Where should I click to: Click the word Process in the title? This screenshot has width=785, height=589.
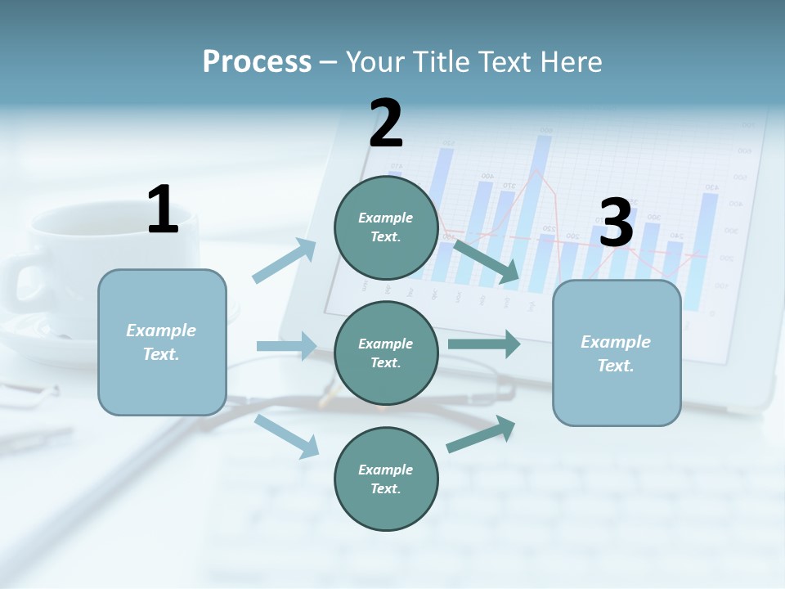point(257,61)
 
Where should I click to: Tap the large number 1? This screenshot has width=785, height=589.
point(163,209)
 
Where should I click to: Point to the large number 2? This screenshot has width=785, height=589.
point(386,124)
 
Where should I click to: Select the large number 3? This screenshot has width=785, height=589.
point(617,223)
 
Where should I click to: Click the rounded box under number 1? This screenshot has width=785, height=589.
point(162,342)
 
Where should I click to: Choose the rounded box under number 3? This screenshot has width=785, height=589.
point(617,353)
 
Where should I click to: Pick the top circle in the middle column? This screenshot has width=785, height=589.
point(386,227)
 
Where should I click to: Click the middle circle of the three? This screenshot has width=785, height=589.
point(386,353)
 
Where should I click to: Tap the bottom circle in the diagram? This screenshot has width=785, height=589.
point(386,479)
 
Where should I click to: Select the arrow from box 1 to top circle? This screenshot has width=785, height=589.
point(284,261)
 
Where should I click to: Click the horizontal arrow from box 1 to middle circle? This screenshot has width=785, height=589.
point(286,346)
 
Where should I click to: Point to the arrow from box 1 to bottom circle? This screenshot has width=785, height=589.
point(287,436)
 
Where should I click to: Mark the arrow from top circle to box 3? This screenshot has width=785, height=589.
point(487,260)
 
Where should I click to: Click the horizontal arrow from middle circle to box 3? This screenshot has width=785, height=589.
point(484,344)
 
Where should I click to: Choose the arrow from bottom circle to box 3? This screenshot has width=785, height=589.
point(482,434)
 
